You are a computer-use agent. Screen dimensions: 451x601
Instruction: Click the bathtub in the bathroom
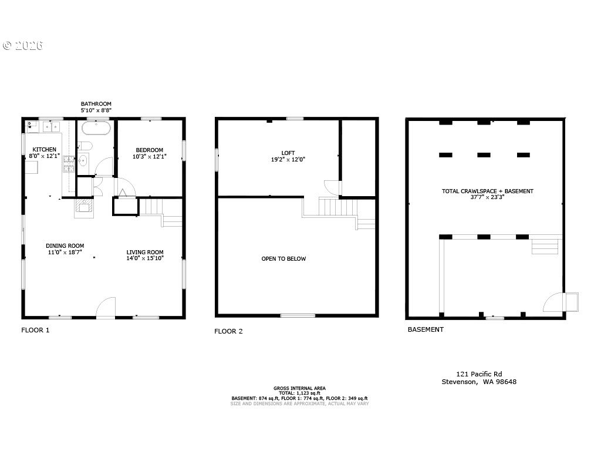[x=96, y=129]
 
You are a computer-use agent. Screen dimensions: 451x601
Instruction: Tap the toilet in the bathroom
[x=85, y=146]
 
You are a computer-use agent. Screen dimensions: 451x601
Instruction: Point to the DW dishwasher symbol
[x=29, y=126]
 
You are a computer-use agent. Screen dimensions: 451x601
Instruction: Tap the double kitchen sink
[x=50, y=126]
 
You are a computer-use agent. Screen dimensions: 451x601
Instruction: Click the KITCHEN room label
[x=44, y=150]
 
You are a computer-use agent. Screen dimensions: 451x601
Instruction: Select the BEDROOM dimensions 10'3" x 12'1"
[x=149, y=157]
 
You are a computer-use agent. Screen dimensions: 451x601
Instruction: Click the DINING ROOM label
[x=65, y=246]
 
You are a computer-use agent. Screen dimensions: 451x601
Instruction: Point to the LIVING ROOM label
[x=145, y=253]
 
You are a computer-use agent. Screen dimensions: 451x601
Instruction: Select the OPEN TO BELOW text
[x=283, y=259]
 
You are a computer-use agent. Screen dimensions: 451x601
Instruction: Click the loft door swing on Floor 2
[x=333, y=187]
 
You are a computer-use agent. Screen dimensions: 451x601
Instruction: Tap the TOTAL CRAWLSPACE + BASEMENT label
[x=487, y=191]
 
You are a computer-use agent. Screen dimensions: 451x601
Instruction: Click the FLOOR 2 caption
[x=228, y=331]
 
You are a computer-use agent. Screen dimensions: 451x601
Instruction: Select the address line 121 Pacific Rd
[x=479, y=373]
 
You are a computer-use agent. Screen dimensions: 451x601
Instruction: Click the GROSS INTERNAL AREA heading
[x=299, y=388]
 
